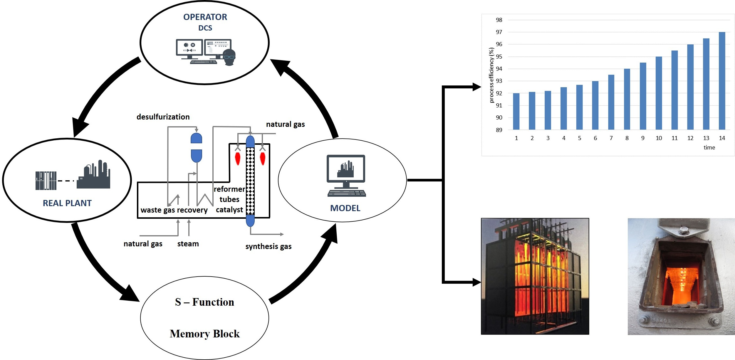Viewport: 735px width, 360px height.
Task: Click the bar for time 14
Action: pyautogui.click(x=722, y=81)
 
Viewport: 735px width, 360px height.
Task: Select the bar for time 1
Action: pyautogui.click(x=516, y=111)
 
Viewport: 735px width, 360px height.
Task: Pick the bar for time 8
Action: pyautogui.click(x=627, y=99)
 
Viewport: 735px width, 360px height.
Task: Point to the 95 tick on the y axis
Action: pyautogui.click(x=499, y=57)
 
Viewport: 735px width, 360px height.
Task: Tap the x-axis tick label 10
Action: pyautogui.click(x=659, y=138)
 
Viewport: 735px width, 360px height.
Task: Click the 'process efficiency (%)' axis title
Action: pyautogui.click(x=491, y=75)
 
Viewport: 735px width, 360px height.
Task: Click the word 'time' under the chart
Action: pyautogui.click(x=709, y=147)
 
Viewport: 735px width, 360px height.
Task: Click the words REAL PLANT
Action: pyautogui.click(x=67, y=203)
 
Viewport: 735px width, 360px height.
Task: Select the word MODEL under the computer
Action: pyautogui.click(x=345, y=208)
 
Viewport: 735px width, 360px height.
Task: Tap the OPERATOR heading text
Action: pyautogui.click(x=205, y=17)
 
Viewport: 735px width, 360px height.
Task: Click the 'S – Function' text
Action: pyautogui.click(x=204, y=302)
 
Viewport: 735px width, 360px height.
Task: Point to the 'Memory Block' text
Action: pyautogui.click(x=204, y=334)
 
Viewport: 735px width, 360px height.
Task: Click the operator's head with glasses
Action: pyautogui.click(x=229, y=57)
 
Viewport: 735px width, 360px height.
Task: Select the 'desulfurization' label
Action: pyautogui.click(x=163, y=117)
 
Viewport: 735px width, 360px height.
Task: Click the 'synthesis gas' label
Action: pyautogui.click(x=268, y=246)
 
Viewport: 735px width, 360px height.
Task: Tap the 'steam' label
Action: pyautogui.click(x=188, y=244)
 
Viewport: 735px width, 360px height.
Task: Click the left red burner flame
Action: pyautogui.click(x=238, y=159)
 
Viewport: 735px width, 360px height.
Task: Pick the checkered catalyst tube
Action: pyautogui.click(x=250, y=181)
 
